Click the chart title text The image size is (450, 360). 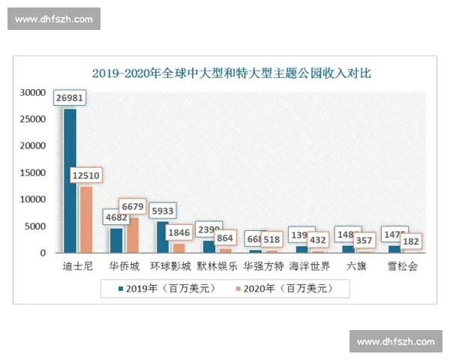click(231, 73)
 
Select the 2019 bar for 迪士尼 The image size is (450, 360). click(70, 180)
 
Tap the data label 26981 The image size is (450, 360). click(69, 97)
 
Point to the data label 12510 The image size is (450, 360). click(86, 175)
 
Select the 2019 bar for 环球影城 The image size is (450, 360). click(162, 237)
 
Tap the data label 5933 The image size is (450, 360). click(163, 211)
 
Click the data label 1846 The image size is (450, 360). click(179, 233)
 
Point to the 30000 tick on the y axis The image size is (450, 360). click(33, 93)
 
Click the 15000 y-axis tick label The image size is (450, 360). click(33, 173)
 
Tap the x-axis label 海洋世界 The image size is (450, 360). click(309, 266)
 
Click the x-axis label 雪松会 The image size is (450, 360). click(402, 266)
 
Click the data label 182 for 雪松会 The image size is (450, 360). click(410, 241)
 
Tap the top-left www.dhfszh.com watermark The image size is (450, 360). click(53, 19)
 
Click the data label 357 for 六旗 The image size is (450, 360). click(364, 241)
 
